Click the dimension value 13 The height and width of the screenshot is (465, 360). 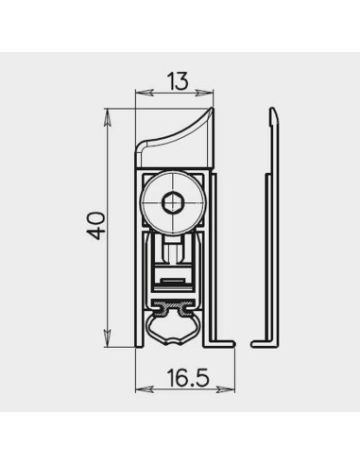point(178,81)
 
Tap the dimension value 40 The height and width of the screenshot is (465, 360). point(95,226)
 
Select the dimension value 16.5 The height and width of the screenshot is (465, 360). point(188,378)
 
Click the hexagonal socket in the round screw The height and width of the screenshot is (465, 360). point(172,203)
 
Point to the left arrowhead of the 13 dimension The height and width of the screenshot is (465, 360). point(145,93)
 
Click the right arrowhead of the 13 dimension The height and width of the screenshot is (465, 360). point(204,93)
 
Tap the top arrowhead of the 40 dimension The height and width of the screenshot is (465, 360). point(108,117)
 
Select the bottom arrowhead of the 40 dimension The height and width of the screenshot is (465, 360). point(108,338)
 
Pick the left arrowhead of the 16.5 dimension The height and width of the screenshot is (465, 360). point(145,389)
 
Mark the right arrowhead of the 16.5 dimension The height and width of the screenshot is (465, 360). point(226,389)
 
